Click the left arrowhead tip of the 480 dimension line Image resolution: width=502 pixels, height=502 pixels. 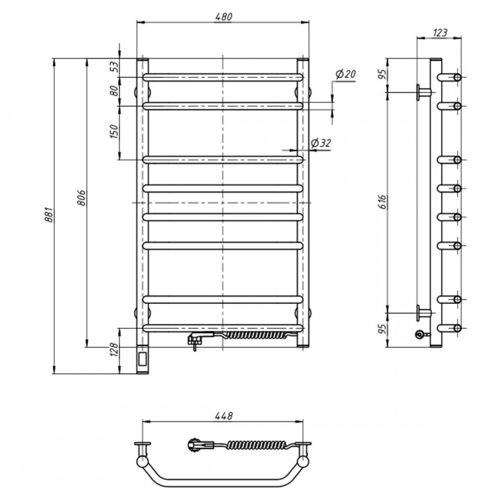click(x=137, y=22)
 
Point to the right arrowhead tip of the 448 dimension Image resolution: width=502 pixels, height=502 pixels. click(x=303, y=422)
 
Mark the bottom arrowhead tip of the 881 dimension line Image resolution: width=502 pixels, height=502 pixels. click(x=54, y=373)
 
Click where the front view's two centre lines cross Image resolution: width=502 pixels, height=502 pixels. click(x=223, y=203)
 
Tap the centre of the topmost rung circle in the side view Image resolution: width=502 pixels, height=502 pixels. click(x=457, y=77)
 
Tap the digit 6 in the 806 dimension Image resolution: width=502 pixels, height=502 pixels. click(x=82, y=193)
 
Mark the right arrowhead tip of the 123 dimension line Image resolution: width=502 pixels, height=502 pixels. click(x=461, y=38)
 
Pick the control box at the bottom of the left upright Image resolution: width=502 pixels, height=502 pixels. click(x=143, y=359)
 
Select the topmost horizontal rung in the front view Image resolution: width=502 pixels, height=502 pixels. click(x=223, y=77)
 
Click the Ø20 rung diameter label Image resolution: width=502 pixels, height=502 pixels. click(x=345, y=74)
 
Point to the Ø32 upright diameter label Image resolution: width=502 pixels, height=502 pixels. click(x=320, y=143)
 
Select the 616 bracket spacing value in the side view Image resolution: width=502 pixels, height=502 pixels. click(x=382, y=202)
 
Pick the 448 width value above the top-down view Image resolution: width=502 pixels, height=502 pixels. click(x=223, y=416)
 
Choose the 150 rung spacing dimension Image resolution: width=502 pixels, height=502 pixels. click(x=114, y=132)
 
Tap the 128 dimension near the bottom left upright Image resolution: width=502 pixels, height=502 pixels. click(x=114, y=349)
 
